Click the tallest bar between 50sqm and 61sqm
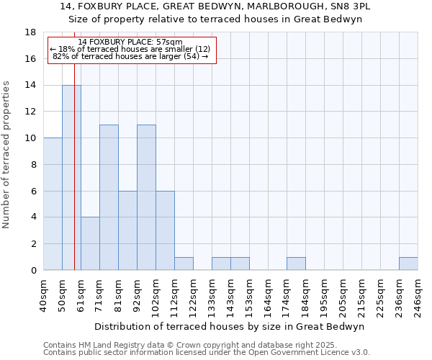tap(71, 177)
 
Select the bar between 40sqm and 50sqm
tap(53, 204)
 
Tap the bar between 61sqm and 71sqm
tap(90, 243)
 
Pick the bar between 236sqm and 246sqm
tap(408, 264)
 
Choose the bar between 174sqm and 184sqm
tap(296, 264)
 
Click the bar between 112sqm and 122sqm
tap(184, 264)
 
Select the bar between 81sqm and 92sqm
tap(127, 230)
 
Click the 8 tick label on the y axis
tap(33, 165)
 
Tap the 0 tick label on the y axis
tap(33, 271)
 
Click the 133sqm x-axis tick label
tap(212, 294)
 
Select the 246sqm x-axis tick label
tap(418, 294)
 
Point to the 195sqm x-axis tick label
tap(324, 294)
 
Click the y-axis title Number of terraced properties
tap(7, 154)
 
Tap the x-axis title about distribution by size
tap(230, 326)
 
